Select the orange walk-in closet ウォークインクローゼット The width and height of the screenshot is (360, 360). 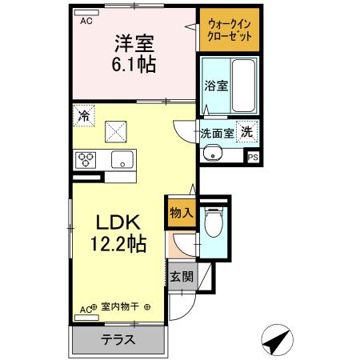pos(230,31)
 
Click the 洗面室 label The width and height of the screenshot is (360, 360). pos(217,134)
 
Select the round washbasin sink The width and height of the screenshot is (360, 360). pos(213,154)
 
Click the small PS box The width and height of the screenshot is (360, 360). pos(252,158)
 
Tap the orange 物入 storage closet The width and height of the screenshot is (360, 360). pos(181,213)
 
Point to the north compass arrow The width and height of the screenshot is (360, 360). pos(277,340)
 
